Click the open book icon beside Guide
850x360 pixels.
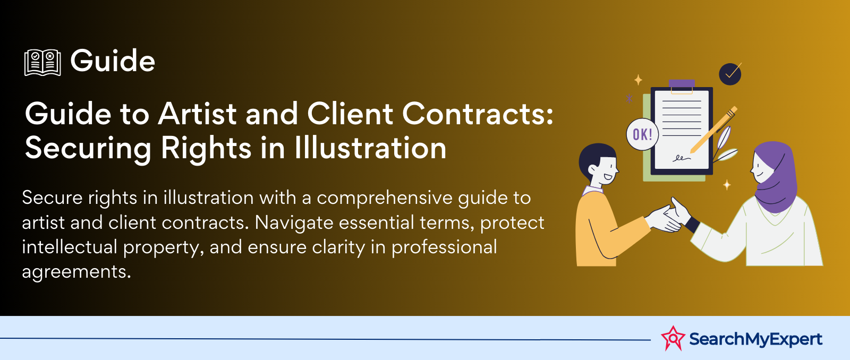(x=42, y=63)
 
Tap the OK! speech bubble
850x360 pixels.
(x=642, y=134)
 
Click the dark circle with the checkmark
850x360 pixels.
(x=730, y=74)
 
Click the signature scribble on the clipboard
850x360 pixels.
(x=682, y=158)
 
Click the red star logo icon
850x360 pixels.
(x=673, y=338)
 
